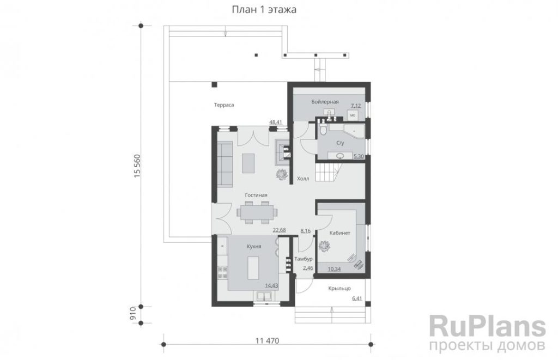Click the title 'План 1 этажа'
click(264, 10)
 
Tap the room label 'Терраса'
click(224, 105)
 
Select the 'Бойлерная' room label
click(325, 102)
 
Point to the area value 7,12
click(356, 106)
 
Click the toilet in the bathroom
click(323, 129)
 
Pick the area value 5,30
click(359, 156)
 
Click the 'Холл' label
click(303, 179)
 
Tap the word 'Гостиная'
click(256, 195)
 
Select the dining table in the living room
click(257, 212)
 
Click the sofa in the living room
click(225, 164)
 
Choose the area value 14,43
click(271, 285)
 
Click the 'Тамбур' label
click(304, 259)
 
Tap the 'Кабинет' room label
click(340, 233)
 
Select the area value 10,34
click(334, 269)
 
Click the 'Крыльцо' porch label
click(339, 289)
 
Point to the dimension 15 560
click(137, 166)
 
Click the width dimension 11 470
click(267, 341)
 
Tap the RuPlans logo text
click(487, 326)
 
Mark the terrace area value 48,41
click(275, 123)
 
